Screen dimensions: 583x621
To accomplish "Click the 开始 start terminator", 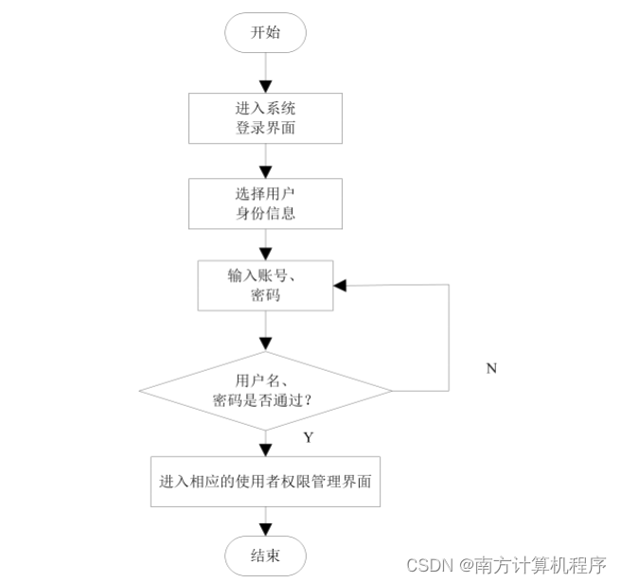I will click(x=265, y=33).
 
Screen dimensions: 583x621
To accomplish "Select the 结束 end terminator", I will click(x=265, y=554).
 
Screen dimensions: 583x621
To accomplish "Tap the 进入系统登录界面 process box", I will click(x=265, y=117).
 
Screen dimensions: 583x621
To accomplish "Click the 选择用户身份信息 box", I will click(x=265, y=203).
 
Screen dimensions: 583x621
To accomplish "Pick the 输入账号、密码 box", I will click(x=265, y=285).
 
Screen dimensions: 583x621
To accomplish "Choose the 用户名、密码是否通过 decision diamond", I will click(x=265, y=390).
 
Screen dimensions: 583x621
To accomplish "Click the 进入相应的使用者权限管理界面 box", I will click(x=265, y=482).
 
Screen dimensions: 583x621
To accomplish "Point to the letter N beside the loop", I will click(x=491, y=368).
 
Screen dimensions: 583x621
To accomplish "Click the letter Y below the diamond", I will click(x=309, y=437).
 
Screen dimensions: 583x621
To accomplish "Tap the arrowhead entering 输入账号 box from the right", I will click(x=340, y=285).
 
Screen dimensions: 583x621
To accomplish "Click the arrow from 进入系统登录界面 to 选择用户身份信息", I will click(x=265, y=159).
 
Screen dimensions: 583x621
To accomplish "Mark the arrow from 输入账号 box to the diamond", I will click(x=265, y=330).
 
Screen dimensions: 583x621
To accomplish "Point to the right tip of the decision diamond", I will click(x=390, y=390).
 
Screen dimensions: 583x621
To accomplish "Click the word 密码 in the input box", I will click(x=265, y=295).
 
